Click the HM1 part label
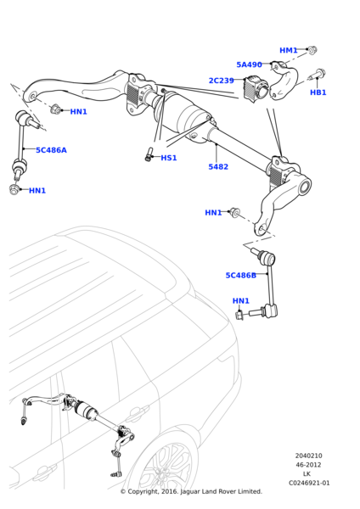(289, 50)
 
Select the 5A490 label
(249, 64)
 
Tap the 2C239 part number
(221, 81)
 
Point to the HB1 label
(318, 92)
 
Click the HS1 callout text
(169, 158)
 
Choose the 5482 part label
(218, 167)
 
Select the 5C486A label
(51, 150)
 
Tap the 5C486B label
(240, 275)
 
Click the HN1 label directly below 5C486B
(241, 300)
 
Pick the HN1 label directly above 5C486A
(78, 112)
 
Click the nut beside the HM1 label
(312, 51)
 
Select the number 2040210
(308, 456)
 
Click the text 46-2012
(308, 465)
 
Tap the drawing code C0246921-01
(308, 483)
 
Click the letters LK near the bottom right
(307, 474)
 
